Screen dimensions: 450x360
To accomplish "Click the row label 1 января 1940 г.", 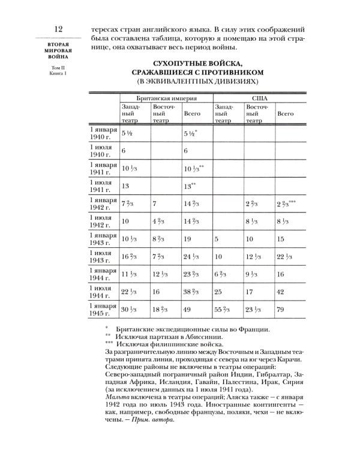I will click(103, 134).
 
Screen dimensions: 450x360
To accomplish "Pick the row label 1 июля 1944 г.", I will click(103, 292).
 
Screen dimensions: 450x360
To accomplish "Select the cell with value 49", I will click(188, 310).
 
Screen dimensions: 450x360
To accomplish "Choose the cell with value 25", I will click(219, 292).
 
